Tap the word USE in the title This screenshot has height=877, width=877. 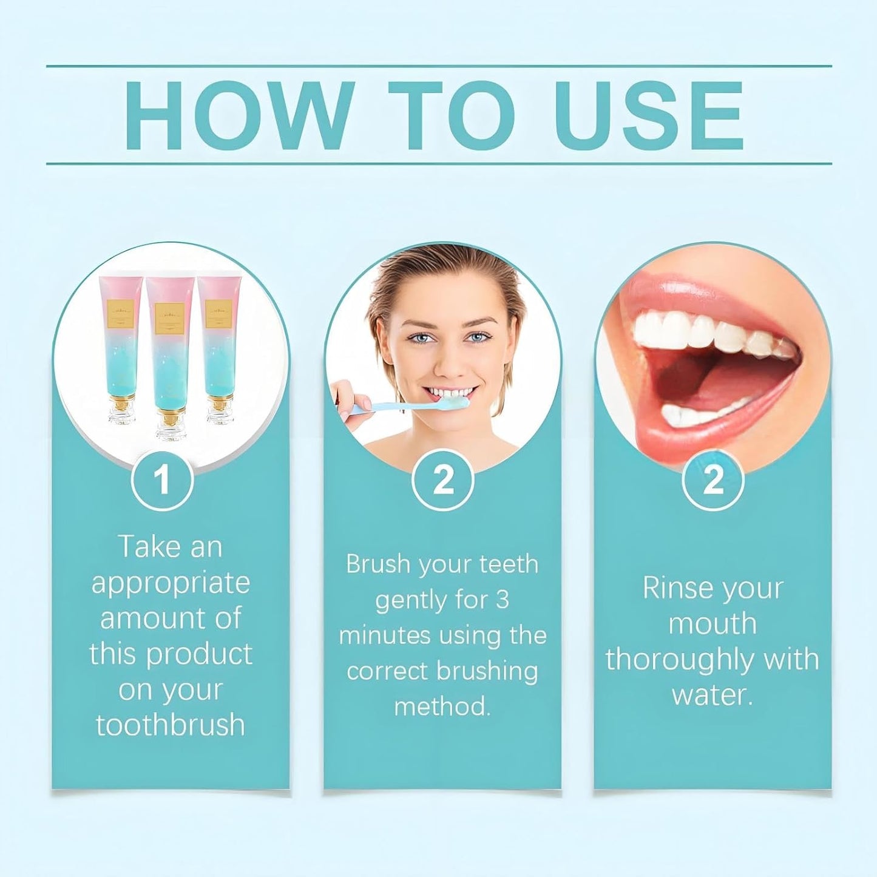[x=648, y=115]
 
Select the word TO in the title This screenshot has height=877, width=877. [x=450, y=115]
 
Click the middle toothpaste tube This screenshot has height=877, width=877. [x=170, y=358]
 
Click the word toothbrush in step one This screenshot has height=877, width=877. [x=171, y=725]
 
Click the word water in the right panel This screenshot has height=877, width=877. [x=711, y=696]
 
